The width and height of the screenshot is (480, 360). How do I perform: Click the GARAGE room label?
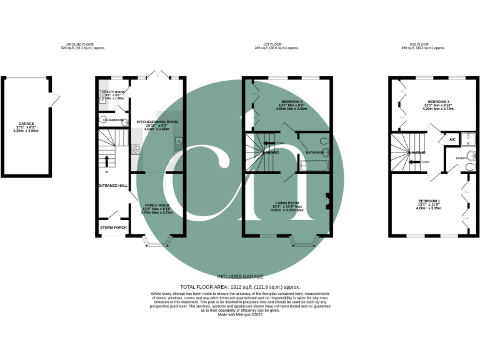[26, 124]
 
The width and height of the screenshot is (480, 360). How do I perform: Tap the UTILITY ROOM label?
[113, 92]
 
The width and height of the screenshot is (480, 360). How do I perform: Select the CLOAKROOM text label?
[113, 119]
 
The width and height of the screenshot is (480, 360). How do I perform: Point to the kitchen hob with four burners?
[136, 149]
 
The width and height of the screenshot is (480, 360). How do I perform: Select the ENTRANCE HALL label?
[112, 186]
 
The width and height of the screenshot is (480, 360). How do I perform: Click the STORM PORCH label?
[113, 227]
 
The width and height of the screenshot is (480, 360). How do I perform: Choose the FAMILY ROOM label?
[157, 206]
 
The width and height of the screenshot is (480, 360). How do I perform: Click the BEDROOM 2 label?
[292, 101]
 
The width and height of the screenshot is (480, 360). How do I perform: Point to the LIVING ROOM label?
[287, 202]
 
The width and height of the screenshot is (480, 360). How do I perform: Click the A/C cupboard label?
[451, 139]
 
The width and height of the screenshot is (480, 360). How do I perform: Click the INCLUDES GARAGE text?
[240, 276]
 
